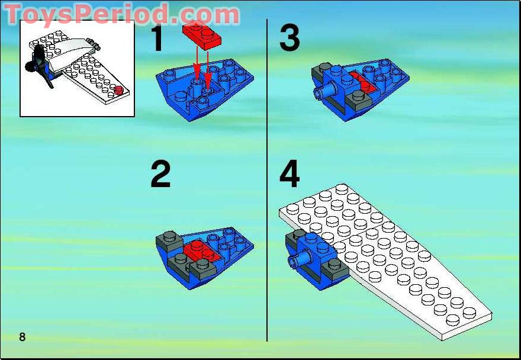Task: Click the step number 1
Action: (158, 38)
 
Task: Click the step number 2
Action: (160, 175)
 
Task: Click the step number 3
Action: (290, 38)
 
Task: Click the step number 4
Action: (290, 174)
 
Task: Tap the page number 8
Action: (22, 337)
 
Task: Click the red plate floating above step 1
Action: (202, 36)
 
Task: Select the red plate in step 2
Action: (200, 251)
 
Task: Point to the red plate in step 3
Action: (362, 82)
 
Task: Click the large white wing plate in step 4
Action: (385, 259)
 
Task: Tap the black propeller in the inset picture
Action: (39, 66)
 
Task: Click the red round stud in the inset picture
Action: (119, 90)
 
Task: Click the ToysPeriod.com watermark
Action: (121, 14)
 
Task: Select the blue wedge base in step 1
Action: (205, 90)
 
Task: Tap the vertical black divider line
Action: (267, 180)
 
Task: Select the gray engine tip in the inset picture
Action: (94, 44)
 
